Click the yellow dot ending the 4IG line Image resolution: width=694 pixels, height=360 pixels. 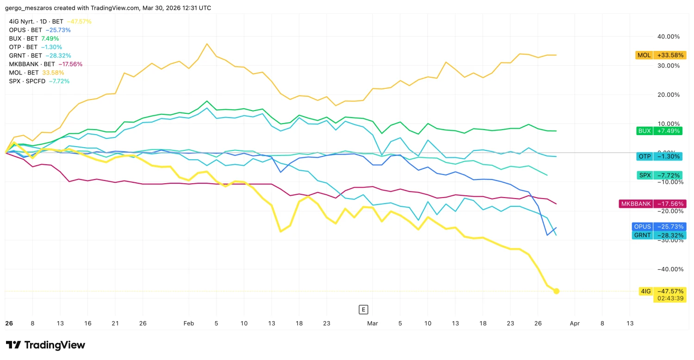coord(557,291)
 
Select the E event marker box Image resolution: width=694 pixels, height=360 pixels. coord(364,310)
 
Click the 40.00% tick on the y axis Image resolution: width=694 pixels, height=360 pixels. coord(668,37)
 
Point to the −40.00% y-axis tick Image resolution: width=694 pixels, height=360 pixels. coord(667,269)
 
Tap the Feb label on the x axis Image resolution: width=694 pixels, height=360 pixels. coord(189,324)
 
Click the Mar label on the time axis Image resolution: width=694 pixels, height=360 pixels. coord(372,324)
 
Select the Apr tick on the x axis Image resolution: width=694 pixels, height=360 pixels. coord(575,324)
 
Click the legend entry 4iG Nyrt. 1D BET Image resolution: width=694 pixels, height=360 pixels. coord(37,21)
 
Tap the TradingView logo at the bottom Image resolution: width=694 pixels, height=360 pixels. coord(45,345)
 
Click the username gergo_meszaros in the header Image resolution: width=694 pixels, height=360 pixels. coord(29,8)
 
